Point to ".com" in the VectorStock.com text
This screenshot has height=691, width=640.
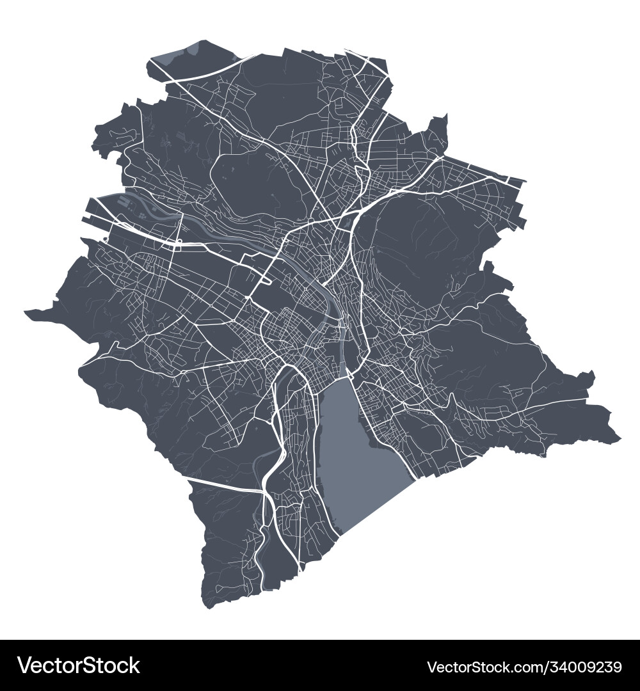point(506,667)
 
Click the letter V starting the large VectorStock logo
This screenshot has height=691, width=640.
point(26,666)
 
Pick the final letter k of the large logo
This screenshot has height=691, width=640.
point(134,666)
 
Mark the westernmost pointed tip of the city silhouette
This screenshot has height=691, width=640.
point(26,312)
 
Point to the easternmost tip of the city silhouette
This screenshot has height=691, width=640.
point(620,440)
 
